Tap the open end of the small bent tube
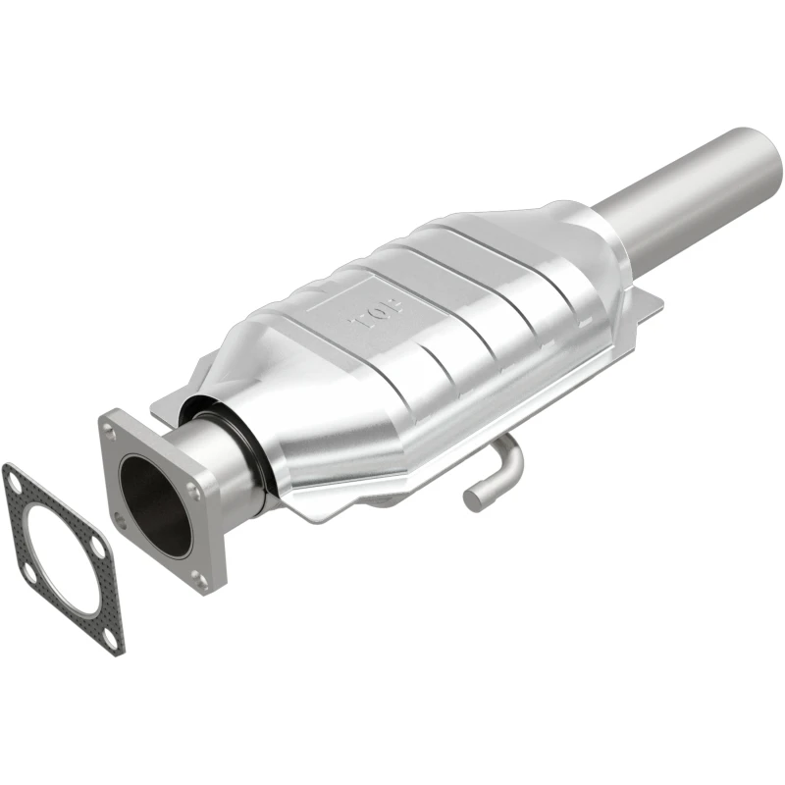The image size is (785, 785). (x=474, y=497)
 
